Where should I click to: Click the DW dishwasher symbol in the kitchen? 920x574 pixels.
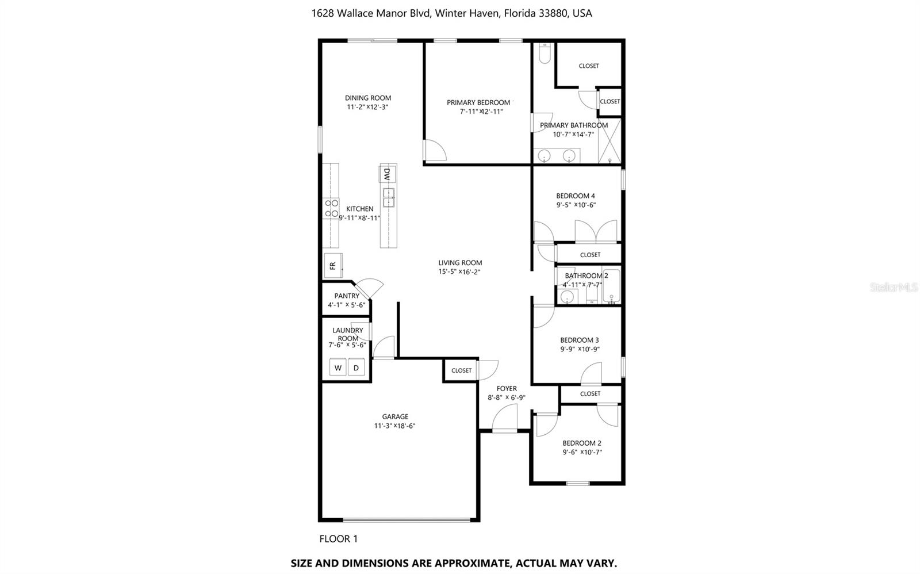click(x=388, y=174)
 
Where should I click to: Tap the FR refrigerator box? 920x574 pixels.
click(x=333, y=265)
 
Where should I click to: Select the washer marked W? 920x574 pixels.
click(x=338, y=368)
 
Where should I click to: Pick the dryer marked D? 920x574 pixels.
click(x=356, y=368)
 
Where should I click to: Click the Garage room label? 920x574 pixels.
click(x=395, y=416)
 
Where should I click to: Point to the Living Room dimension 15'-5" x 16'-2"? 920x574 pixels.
click(x=459, y=272)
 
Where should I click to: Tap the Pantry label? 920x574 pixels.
click(x=347, y=296)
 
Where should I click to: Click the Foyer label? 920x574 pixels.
click(x=507, y=388)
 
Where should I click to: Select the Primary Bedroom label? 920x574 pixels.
click(x=478, y=102)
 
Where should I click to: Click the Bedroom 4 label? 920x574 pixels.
click(x=576, y=196)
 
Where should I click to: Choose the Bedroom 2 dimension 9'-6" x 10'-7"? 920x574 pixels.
click(x=582, y=452)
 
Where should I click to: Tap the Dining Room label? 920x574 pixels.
click(x=368, y=98)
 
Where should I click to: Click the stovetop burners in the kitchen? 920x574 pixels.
click(x=331, y=208)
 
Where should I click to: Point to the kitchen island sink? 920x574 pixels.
click(x=389, y=197)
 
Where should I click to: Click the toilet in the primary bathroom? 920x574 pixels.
click(x=545, y=53)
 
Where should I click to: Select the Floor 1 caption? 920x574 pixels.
click(x=338, y=539)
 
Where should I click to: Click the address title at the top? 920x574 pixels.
click(x=451, y=13)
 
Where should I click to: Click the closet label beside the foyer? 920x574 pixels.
click(x=461, y=370)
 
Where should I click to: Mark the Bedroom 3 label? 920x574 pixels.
click(x=580, y=340)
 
